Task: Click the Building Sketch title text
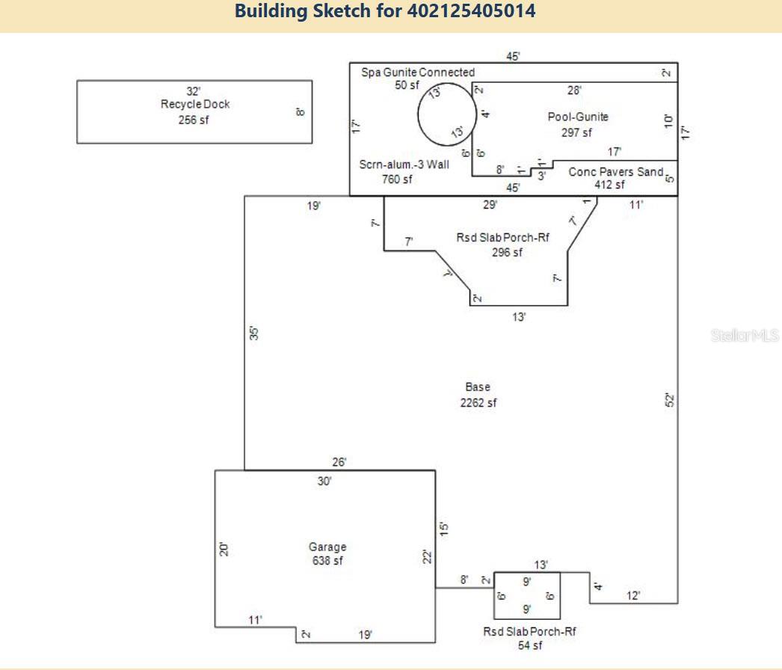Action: tap(385, 12)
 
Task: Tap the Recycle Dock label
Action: tap(195, 104)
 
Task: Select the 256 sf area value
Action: tap(194, 120)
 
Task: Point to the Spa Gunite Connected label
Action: tap(418, 73)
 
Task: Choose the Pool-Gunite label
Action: tap(578, 117)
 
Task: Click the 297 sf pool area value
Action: tap(576, 132)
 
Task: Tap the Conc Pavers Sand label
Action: tap(615, 172)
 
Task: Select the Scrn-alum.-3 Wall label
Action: tap(404, 165)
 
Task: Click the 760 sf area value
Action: tap(396, 179)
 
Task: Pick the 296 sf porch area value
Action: tap(507, 252)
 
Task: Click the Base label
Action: tap(478, 387)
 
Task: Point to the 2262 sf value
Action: tap(478, 403)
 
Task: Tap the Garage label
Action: tap(327, 547)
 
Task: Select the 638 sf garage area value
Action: tap(327, 562)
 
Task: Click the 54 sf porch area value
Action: tap(529, 646)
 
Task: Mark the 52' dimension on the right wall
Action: tap(670, 400)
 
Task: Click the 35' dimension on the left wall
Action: tap(253, 334)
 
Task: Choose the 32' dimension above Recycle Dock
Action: tap(194, 91)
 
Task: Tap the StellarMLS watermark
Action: tap(745, 336)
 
